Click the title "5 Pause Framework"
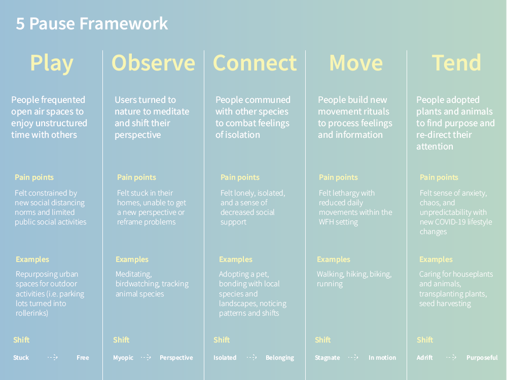tap(92, 24)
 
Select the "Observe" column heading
tap(153, 63)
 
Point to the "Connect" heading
tap(255, 63)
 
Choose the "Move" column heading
tap(356, 63)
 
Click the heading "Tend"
tap(457, 63)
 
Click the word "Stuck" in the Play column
tap(21, 358)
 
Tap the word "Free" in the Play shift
tap(83, 358)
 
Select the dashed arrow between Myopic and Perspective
tap(146, 357)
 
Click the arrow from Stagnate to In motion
tap(353, 357)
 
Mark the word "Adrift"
tap(424, 358)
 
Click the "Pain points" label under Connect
tap(240, 177)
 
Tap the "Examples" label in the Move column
tap(334, 259)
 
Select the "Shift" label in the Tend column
tap(425, 340)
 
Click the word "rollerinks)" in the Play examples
tap(32, 313)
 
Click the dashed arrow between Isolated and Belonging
tap(251, 357)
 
